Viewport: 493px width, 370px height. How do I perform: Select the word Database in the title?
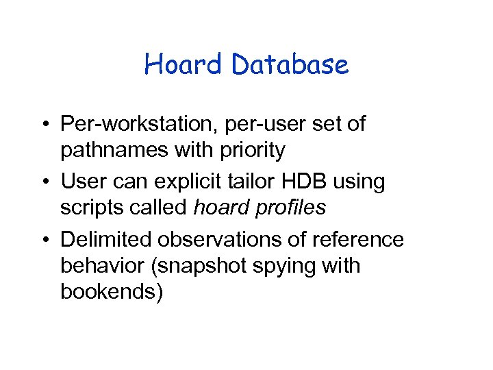pyautogui.click(x=290, y=65)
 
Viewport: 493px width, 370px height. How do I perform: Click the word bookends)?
pyautogui.click(x=112, y=292)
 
